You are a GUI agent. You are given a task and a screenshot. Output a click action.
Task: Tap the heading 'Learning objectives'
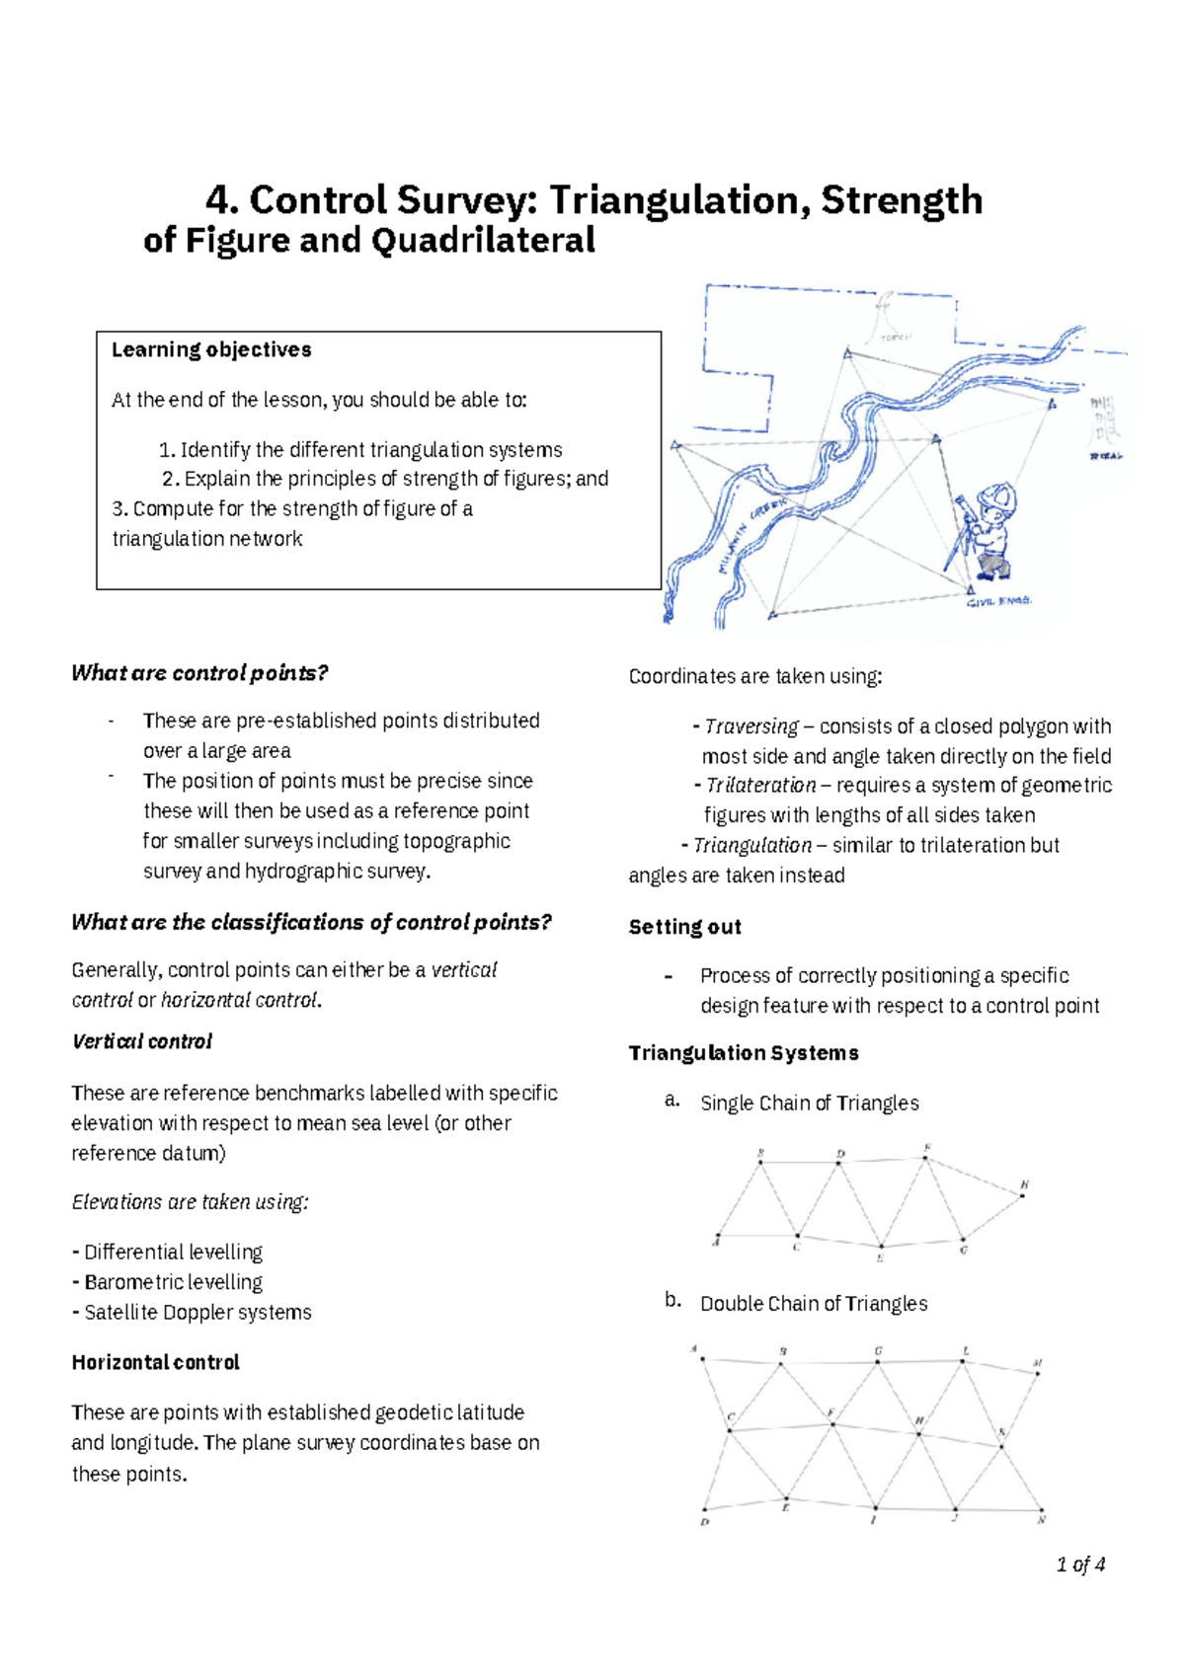(x=211, y=349)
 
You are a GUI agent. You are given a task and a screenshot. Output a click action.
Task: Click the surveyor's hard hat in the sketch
(x=992, y=497)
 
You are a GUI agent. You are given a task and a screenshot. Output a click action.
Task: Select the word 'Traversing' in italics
(x=751, y=726)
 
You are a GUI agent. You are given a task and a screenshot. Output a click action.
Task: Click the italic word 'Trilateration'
(x=760, y=786)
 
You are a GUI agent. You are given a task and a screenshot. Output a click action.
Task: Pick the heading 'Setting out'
(x=684, y=927)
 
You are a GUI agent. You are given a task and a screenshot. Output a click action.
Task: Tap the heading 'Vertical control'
(x=142, y=1041)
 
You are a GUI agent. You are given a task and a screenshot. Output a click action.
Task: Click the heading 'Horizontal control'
(x=155, y=1362)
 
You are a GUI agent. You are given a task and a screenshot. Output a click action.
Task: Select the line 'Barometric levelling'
(x=173, y=1282)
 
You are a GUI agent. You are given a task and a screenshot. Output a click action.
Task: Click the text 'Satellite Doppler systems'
(x=197, y=1312)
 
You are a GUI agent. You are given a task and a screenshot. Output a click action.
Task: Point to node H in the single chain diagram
(x=1023, y=1195)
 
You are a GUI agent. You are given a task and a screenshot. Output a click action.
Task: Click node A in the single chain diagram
(x=718, y=1236)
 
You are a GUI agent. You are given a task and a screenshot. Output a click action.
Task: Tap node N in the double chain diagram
(x=1042, y=1510)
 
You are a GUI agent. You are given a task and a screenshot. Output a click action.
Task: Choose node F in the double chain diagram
(x=831, y=1423)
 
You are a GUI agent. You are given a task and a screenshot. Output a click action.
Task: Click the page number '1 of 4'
(x=1080, y=1564)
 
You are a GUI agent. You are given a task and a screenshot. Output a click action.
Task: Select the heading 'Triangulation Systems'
(x=744, y=1053)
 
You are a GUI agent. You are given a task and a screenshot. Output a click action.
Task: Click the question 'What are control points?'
(x=199, y=673)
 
